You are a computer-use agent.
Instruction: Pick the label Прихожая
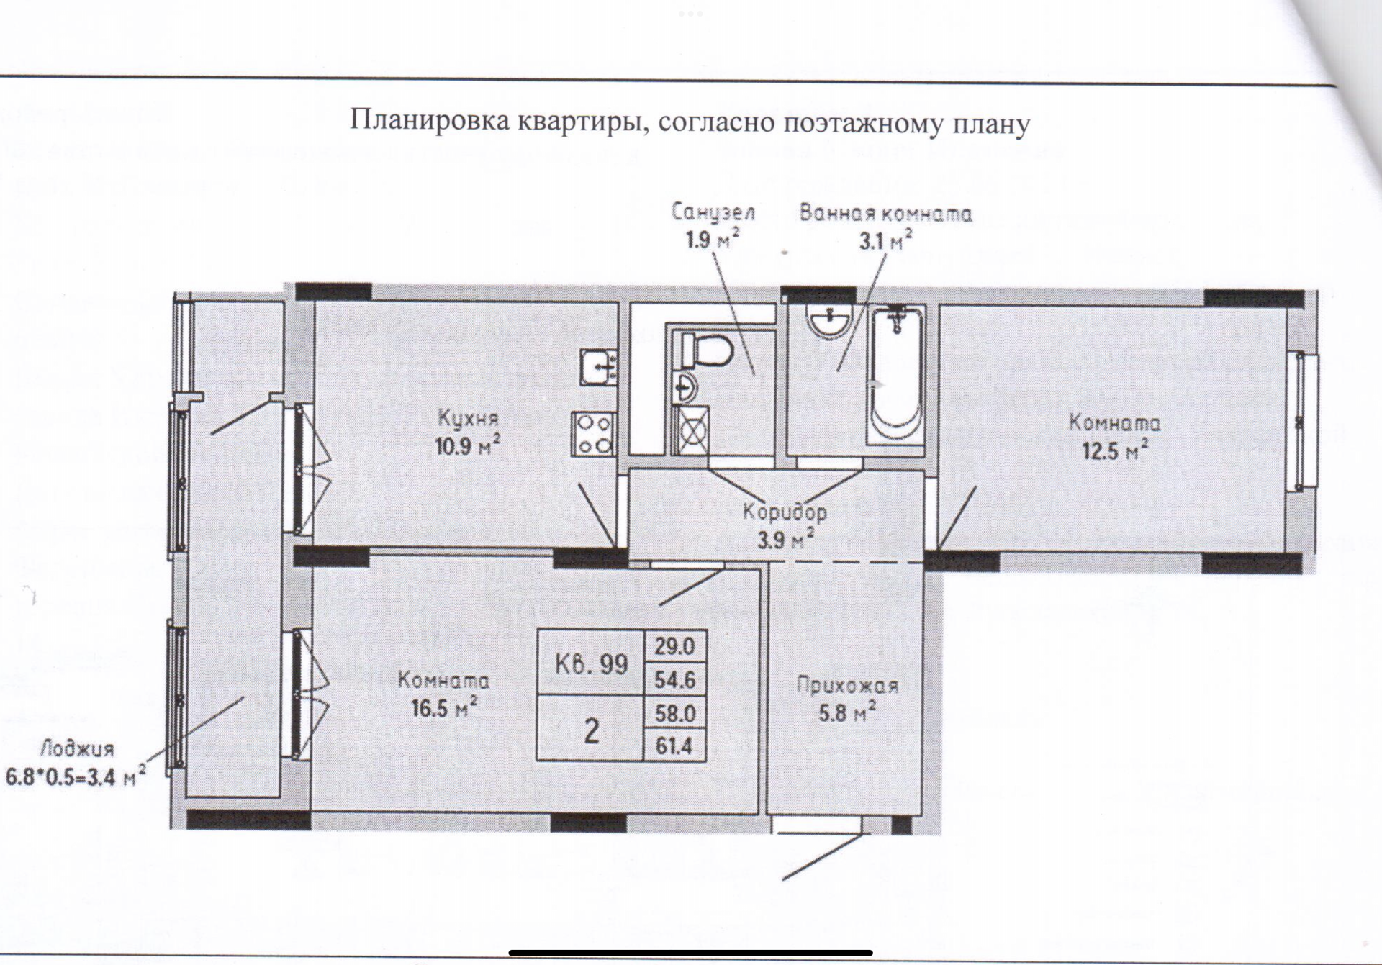click(847, 686)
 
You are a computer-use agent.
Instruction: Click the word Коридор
click(785, 512)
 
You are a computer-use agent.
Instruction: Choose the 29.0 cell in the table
click(674, 646)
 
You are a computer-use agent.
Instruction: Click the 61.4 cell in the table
click(674, 746)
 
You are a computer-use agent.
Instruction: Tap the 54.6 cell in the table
click(674, 679)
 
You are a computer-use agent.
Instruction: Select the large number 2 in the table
click(592, 731)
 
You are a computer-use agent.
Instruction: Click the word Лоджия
click(77, 749)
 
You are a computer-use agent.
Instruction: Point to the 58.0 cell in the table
click(674, 712)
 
